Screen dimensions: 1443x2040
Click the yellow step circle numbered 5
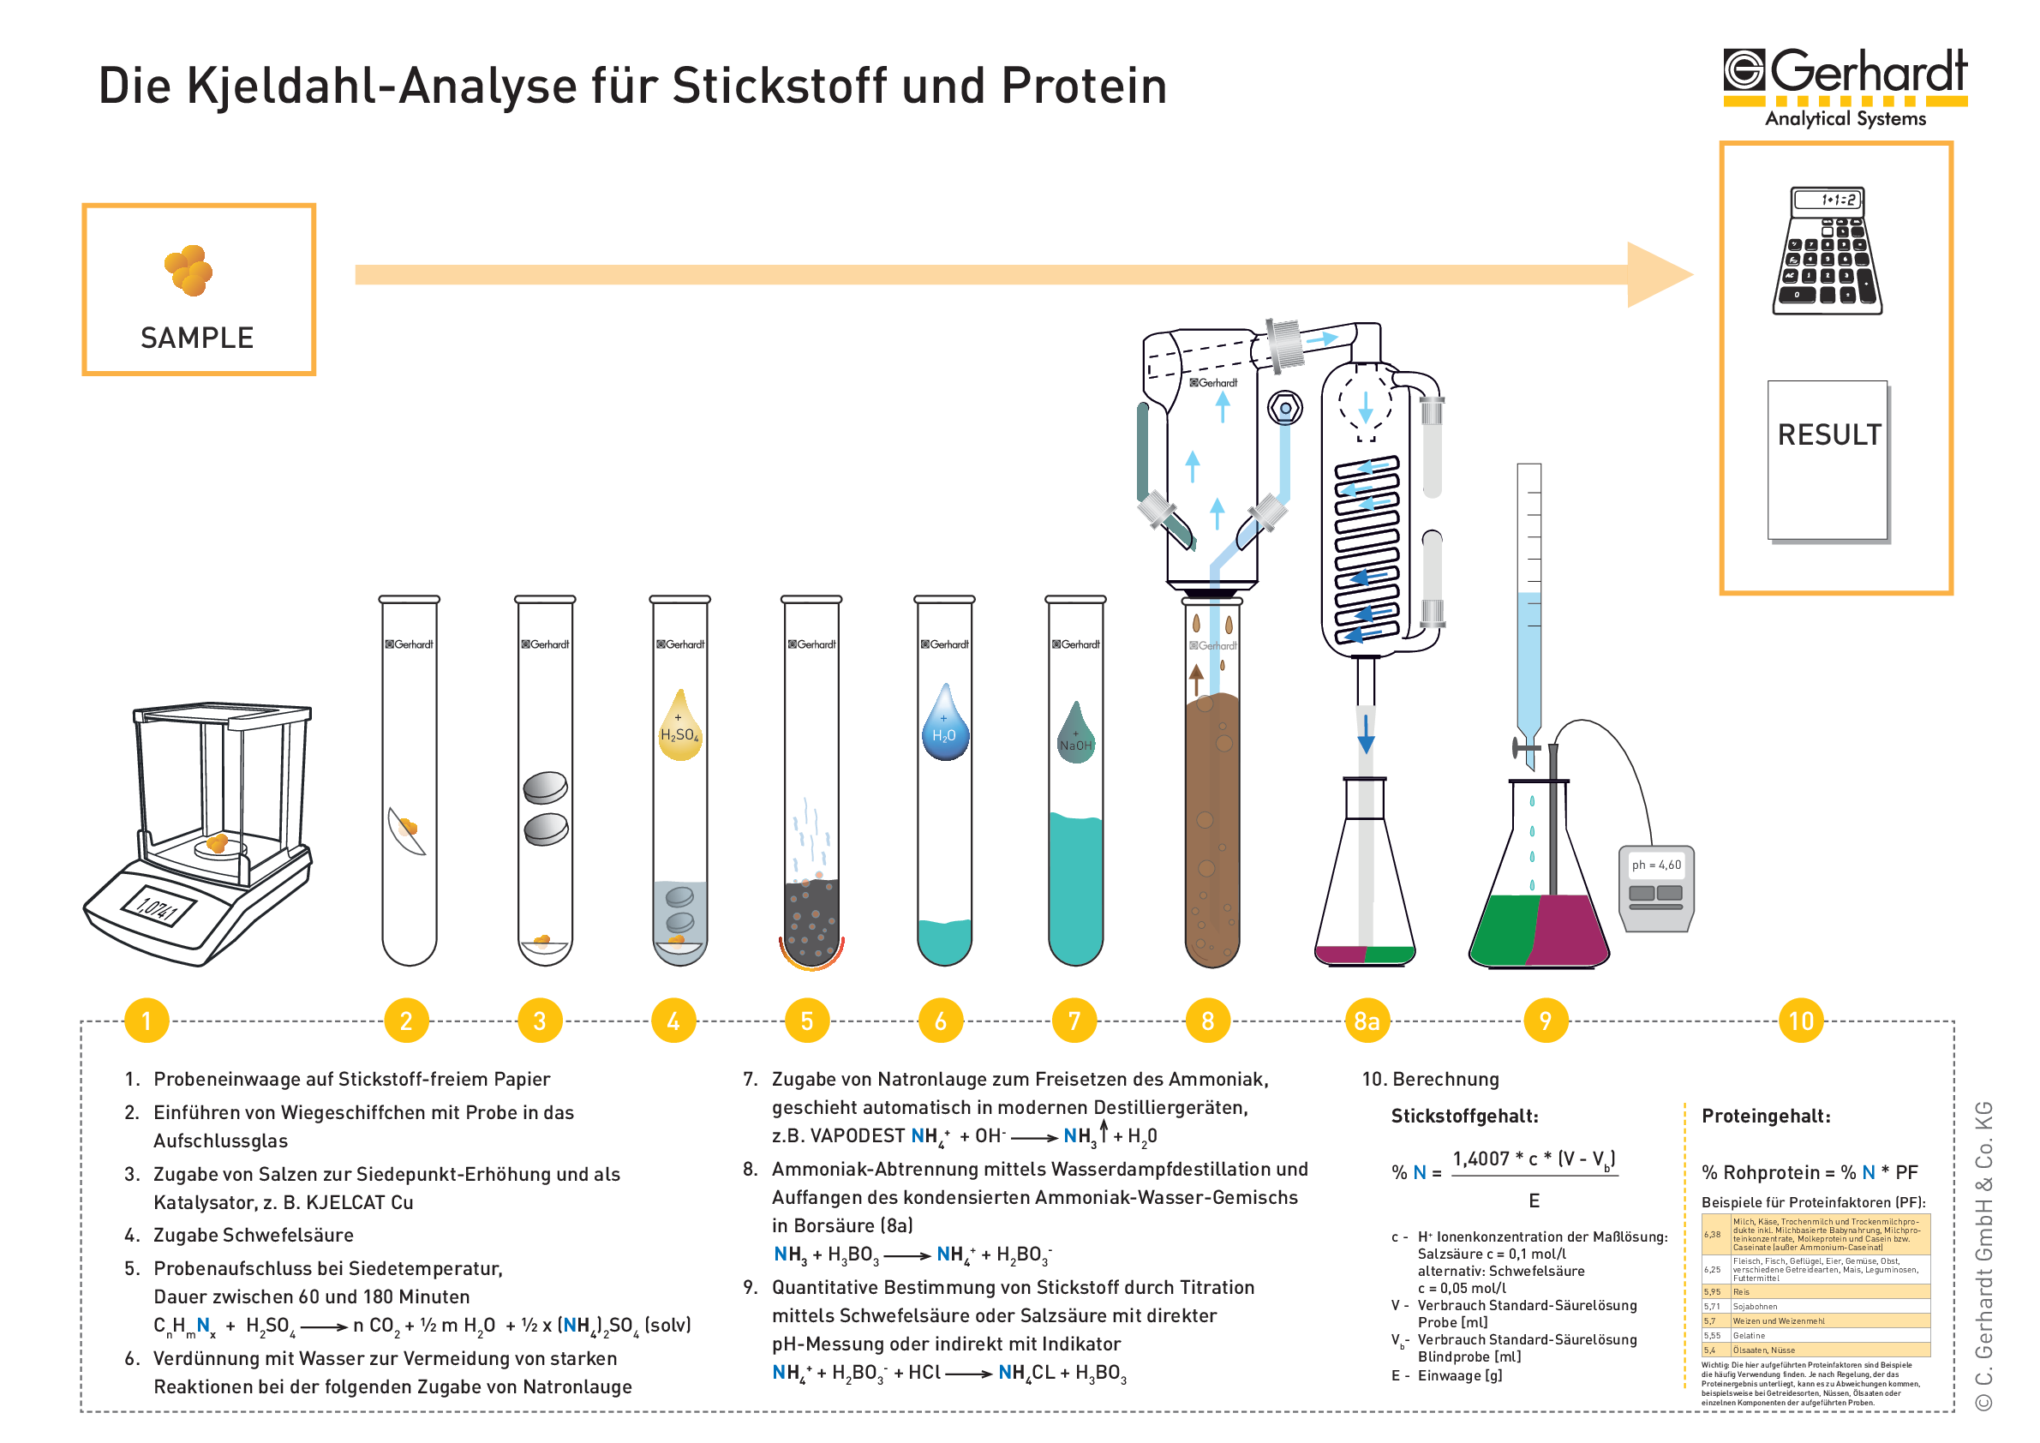(806, 1021)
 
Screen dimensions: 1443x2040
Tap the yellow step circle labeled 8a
(1366, 1021)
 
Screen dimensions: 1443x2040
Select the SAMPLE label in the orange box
(197, 338)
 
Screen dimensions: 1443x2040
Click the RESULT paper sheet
(1828, 459)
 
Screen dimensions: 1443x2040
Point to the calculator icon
(1827, 250)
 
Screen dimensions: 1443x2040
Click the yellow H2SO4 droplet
(679, 728)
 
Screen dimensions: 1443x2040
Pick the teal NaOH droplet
(1075, 736)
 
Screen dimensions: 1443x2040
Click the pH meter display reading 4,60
(1656, 865)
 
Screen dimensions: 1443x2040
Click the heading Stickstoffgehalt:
(1464, 1116)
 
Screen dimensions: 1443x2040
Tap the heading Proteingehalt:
(1766, 1116)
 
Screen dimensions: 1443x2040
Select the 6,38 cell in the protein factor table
(1712, 1234)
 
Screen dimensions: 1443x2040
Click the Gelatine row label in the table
(1749, 1336)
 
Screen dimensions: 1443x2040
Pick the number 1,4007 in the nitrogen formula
(1481, 1159)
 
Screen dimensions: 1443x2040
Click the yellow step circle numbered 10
(1800, 1021)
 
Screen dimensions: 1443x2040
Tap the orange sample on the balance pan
(217, 841)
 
